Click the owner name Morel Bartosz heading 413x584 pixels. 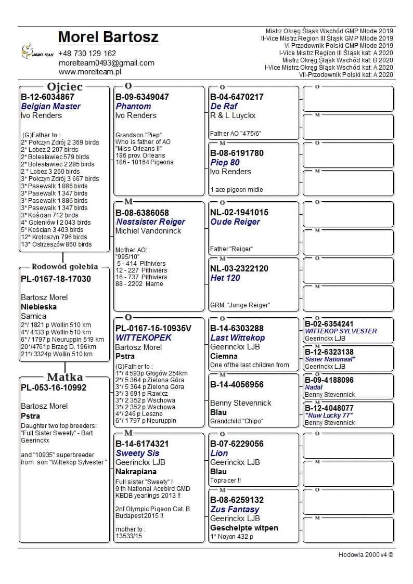coord(108,37)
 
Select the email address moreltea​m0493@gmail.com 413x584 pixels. coord(106,63)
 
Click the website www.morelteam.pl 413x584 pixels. coord(89,72)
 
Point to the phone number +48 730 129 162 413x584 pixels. coord(87,54)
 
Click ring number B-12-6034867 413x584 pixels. coord(47,97)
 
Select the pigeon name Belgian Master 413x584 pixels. coord(50,106)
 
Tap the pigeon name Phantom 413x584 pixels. coord(133,106)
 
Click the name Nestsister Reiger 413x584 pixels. coord(150,222)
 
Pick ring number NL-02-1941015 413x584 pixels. coord(239,212)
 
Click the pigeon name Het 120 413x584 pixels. coord(225,278)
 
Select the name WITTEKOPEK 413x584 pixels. coord(144,338)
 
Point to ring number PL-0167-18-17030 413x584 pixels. coord(56,279)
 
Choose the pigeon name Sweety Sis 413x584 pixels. coord(138,453)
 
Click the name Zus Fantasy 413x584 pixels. coord(235,509)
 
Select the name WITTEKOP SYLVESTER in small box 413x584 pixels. coord(341,331)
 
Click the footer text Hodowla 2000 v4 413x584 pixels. coord(366,554)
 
